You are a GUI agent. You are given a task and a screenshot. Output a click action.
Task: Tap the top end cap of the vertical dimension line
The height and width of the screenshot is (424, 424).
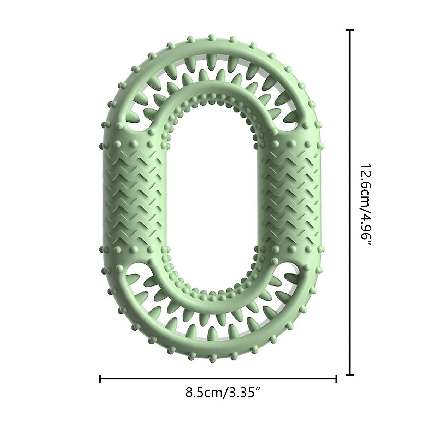coord(349,31)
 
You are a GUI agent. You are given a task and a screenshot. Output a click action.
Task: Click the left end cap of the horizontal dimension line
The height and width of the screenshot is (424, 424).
coord(100,379)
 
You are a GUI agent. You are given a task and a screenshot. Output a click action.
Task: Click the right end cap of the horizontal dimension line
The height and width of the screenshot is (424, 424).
coord(336,379)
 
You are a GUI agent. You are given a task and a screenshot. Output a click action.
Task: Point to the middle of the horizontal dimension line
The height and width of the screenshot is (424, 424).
coord(218,379)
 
